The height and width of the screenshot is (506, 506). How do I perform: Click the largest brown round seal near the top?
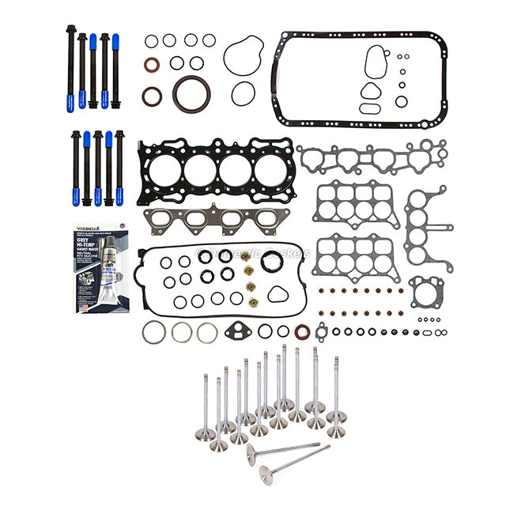(192, 93)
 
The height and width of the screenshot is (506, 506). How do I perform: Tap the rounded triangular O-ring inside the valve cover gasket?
(278, 294)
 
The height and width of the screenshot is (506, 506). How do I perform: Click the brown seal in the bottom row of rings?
(302, 331)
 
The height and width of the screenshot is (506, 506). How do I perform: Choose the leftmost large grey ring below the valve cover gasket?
(154, 332)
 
